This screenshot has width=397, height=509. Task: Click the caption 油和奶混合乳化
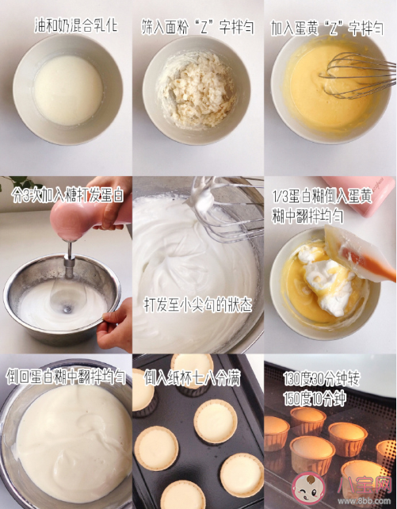[x=76, y=26]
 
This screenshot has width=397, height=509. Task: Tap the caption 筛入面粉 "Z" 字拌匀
[x=197, y=27]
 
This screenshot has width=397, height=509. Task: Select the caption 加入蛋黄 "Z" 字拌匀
[x=327, y=28]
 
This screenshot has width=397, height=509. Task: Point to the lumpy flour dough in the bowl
[x=197, y=90]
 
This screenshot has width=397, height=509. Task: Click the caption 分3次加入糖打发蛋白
[x=67, y=195]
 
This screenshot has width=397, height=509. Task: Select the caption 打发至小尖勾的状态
[x=197, y=305]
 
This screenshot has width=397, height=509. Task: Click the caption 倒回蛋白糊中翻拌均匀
[x=66, y=377]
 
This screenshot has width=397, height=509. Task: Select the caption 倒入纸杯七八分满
[x=192, y=377]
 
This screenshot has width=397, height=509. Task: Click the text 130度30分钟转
[x=322, y=378]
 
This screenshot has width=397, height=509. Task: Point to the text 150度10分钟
[x=315, y=398]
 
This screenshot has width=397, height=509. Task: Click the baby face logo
[x=308, y=488]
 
